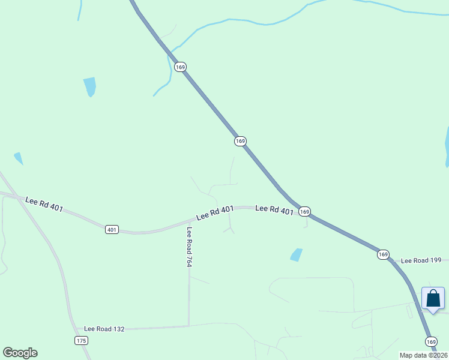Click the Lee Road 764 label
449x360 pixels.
(189, 247)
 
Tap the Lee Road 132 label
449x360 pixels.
(104, 329)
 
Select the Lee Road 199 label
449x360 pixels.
(421, 260)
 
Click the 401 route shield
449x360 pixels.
(112, 229)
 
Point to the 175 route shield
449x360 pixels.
(82, 341)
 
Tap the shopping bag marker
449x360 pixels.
(433, 299)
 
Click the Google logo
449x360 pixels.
(20, 353)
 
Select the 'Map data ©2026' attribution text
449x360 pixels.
(424, 355)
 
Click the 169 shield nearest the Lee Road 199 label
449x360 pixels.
(384, 254)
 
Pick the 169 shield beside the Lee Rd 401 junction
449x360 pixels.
(305, 211)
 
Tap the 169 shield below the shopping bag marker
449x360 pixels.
(432, 341)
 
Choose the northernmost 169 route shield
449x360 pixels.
(180, 67)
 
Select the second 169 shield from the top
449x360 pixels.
(240, 141)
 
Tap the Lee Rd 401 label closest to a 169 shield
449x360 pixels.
(274, 209)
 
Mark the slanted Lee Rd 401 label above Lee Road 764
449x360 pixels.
(214, 212)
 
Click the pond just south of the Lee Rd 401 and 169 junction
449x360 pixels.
(296, 254)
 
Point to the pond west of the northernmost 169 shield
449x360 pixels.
(90, 86)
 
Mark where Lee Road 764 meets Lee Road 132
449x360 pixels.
(189, 326)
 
